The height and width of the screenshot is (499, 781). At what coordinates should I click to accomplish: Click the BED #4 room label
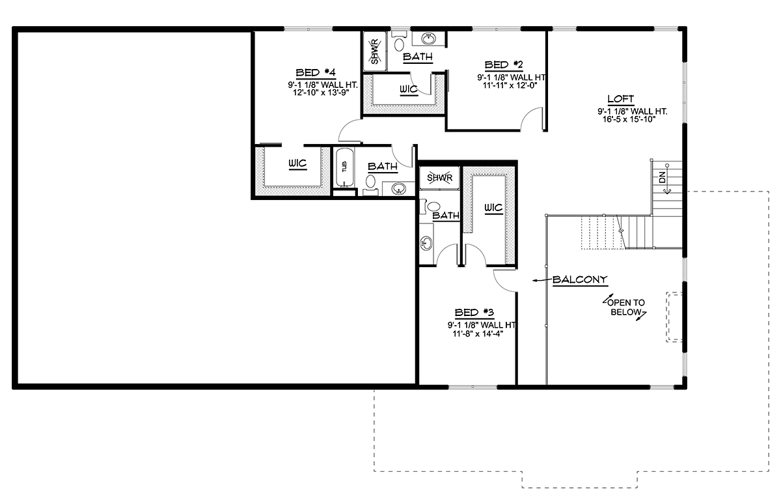pyautogui.click(x=316, y=72)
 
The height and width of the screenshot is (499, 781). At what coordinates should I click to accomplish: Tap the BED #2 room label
pyautogui.click(x=504, y=65)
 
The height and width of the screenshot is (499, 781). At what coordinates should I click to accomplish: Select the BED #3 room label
pyautogui.click(x=474, y=312)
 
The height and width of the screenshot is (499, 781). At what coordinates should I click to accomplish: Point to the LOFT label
pyautogui.click(x=621, y=99)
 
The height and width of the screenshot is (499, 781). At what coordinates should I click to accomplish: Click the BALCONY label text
pyautogui.click(x=580, y=279)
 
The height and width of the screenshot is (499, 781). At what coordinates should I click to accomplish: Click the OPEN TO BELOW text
pyautogui.click(x=626, y=307)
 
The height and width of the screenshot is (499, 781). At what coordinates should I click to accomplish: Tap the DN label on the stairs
pyautogui.click(x=663, y=178)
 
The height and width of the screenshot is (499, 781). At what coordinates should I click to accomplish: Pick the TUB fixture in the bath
pyautogui.click(x=344, y=167)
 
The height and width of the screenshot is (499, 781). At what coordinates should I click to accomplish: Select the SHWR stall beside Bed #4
pyautogui.click(x=374, y=51)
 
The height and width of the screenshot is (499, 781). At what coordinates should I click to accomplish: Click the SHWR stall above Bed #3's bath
pyautogui.click(x=439, y=178)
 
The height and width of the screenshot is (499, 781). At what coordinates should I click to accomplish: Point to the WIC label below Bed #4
pyautogui.click(x=297, y=164)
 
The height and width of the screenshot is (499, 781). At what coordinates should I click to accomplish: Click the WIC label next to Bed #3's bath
pyautogui.click(x=493, y=208)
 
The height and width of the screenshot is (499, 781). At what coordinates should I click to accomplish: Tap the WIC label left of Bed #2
pyautogui.click(x=408, y=89)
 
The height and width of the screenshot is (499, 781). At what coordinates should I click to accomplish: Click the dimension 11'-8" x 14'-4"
pyautogui.click(x=478, y=334)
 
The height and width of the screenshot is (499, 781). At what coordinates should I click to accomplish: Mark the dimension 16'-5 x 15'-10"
pyautogui.click(x=629, y=119)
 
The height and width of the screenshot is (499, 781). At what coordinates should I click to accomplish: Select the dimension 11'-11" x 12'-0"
pyautogui.click(x=510, y=85)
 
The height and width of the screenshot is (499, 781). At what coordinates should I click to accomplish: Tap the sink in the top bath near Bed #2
pyautogui.click(x=428, y=38)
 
